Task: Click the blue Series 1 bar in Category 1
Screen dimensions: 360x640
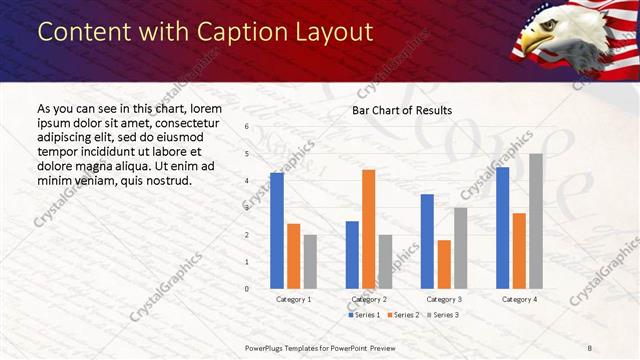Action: (276, 231)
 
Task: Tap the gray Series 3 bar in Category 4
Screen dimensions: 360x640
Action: (536, 221)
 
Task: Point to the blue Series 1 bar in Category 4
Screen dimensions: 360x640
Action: (502, 228)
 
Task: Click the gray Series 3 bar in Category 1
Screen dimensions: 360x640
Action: (310, 262)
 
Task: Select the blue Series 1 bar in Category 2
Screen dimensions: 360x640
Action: (352, 255)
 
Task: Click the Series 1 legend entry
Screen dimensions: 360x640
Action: (364, 315)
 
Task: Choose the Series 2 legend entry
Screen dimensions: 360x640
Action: (402, 315)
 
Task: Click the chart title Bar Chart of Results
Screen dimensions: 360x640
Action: (402, 110)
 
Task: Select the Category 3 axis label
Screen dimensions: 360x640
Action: (444, 299)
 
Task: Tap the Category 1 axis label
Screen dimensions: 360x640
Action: (293, 299)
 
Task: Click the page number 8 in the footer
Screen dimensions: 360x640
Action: (590, 347)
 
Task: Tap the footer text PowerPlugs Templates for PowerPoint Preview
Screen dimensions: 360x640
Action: (327, 347)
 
